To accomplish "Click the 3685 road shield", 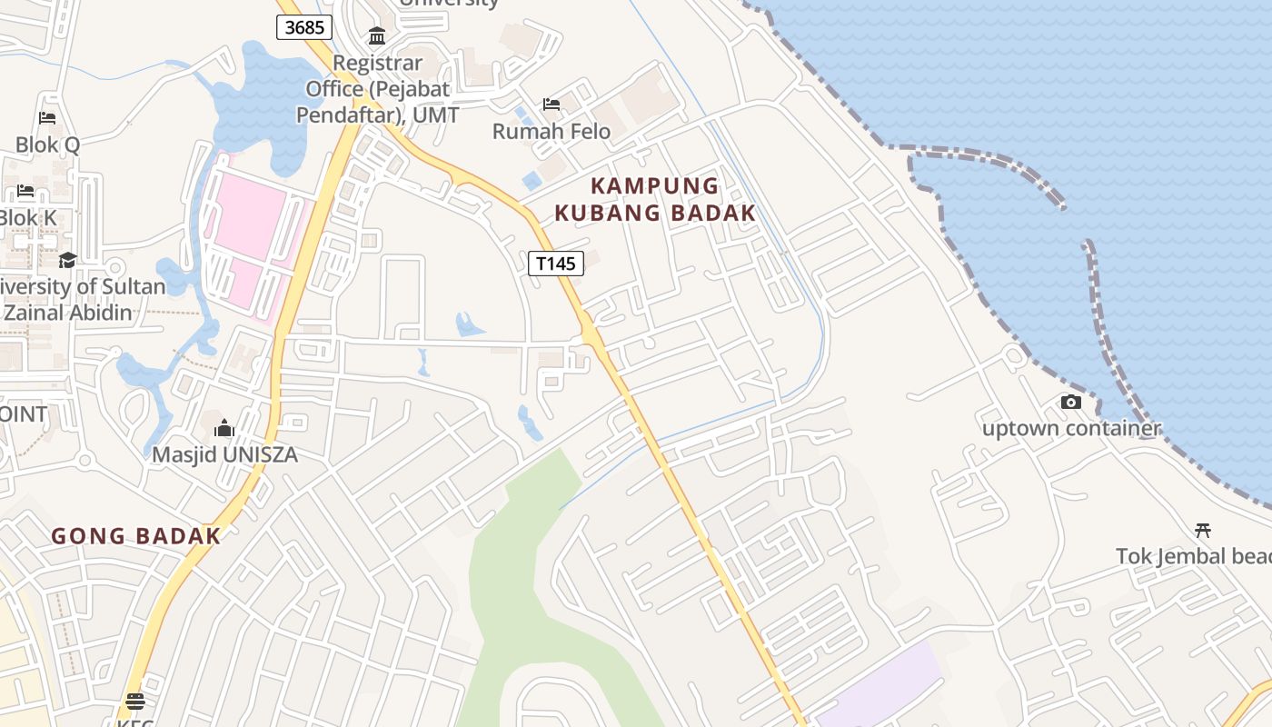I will [x=304, y=27].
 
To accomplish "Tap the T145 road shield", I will [x=555, y=264].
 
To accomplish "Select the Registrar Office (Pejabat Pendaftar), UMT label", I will [x=377, y=89].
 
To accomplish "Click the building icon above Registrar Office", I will [x=377, y=36].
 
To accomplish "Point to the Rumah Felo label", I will [x=552, y=131].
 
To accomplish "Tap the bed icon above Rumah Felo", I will [x=552, y=105].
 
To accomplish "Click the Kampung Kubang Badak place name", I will [x=655, y=199].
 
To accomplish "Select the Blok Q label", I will [x=47, y=144].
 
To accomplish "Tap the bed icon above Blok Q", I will [x=47, y=118].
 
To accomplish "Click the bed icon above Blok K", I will [x=25, y=191].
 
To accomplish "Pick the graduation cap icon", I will [x=67, y=261].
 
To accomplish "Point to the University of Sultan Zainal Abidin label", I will [x=82, y=300].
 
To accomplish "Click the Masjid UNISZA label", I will [x=224, y=454].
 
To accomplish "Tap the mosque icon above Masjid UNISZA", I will [x=224, y=428].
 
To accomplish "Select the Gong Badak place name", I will [x=136, y=536].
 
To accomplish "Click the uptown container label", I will [x=1071, y=428].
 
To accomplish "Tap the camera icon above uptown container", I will [x=1071, y=402].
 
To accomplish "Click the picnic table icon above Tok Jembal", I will [x=1204, y=530].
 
